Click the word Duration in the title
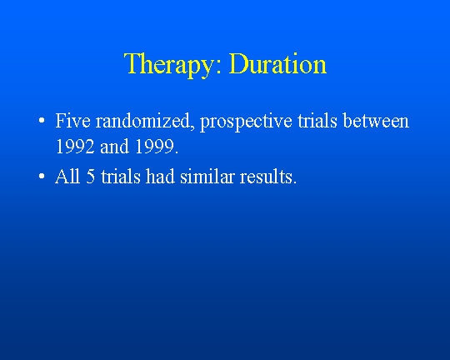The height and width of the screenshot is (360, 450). [277, 63]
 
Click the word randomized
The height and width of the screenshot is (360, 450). [142, 121]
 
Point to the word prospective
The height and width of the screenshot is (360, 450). [246, 122]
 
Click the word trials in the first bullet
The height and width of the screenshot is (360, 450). [317, 121]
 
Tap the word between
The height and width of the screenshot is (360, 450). [376, 121]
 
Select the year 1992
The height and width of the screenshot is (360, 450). [75, 147]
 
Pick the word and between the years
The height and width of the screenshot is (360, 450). [114, 147]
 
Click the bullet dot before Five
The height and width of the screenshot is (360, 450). [42, 121]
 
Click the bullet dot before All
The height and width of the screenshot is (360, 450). [42, 176]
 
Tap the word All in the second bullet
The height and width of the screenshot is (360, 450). [67, 176]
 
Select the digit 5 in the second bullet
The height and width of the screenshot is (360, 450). [90, 177]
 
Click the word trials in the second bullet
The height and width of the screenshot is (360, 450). [121, 176]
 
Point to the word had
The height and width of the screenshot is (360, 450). [160, 176]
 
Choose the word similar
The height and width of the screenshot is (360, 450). [207, 176]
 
